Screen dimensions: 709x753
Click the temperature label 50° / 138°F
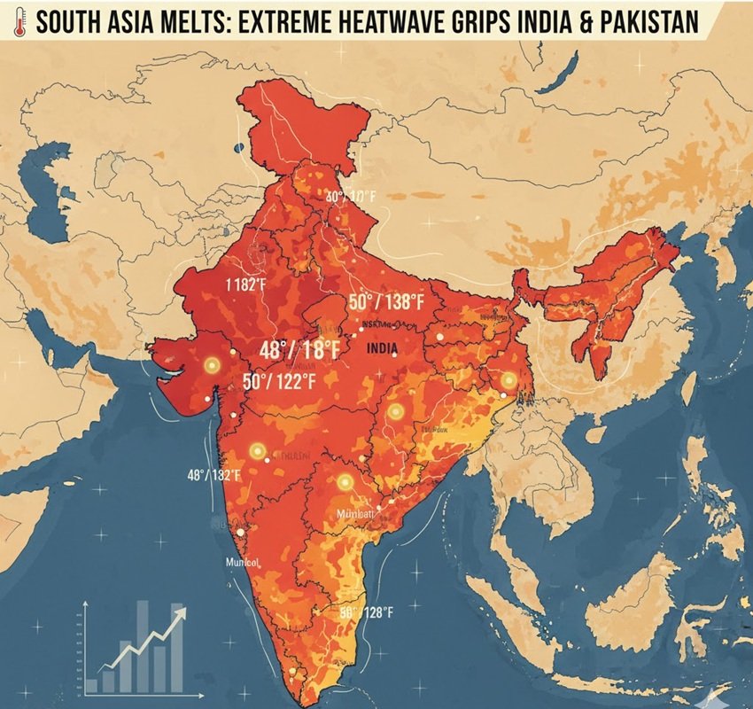[x=387, y=302]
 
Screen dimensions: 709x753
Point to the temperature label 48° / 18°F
[x=299, y=350]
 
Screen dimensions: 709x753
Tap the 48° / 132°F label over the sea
[x=213, y=476]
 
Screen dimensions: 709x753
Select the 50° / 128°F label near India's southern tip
[x=366, y=612]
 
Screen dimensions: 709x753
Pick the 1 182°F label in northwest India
[x=245, y=284]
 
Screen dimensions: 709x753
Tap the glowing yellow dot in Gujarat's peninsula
[x=211, y=365]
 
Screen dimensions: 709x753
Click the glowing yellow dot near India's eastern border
[x=508, y=380]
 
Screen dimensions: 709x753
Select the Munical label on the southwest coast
[x=240, y=562]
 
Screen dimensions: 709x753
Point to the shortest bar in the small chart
[x=91, y=685]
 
